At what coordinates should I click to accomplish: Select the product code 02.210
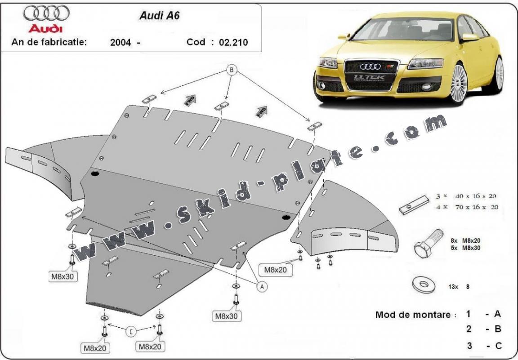click(233, 43)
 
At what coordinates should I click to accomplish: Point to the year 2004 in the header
click(120, 43)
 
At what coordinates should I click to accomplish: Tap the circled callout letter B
click(232, 70)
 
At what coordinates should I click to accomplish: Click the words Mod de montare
click(413, 315)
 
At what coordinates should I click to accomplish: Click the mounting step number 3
click(469, 346)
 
